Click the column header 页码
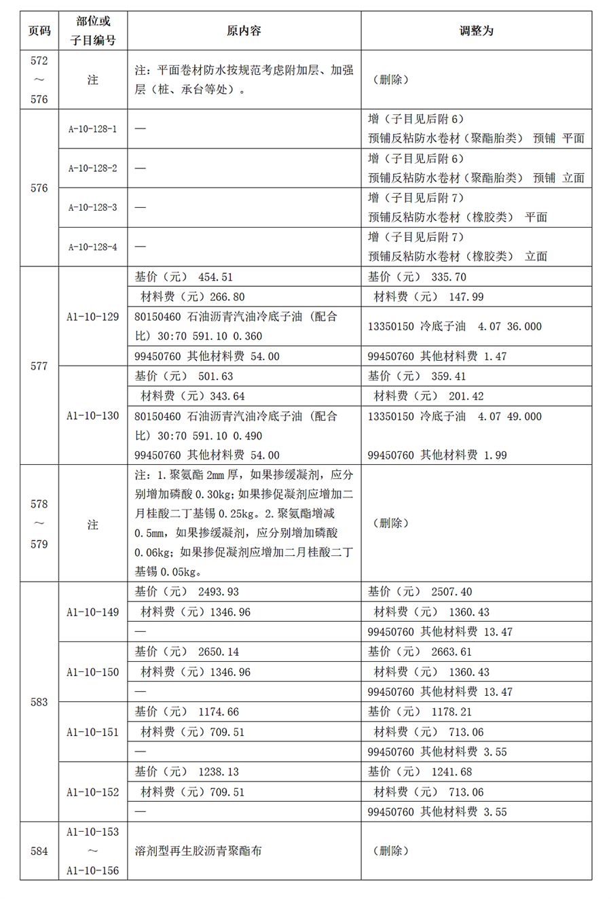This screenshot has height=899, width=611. point(39,31)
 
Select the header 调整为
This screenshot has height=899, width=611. point(476,31)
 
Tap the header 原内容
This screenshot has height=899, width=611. point(244,31)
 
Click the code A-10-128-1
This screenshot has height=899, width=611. point(92,128)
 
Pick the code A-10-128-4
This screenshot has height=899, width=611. point(92,247)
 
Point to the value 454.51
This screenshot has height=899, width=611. point(215,277)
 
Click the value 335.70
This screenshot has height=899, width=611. point(449,277)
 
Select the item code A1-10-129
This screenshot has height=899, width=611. point(92,317)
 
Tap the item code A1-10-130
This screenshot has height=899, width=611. point(92,416)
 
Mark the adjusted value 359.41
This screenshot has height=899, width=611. point(449,376)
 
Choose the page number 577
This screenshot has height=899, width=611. point(39,366)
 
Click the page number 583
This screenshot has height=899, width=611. point(39,702)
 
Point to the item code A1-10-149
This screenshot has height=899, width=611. point(92,612)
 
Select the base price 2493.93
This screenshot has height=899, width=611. point(219,593)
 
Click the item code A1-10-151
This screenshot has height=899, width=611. point(92,733)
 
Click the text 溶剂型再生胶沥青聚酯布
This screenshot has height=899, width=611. point(198,851)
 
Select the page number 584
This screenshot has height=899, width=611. point(39,851)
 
